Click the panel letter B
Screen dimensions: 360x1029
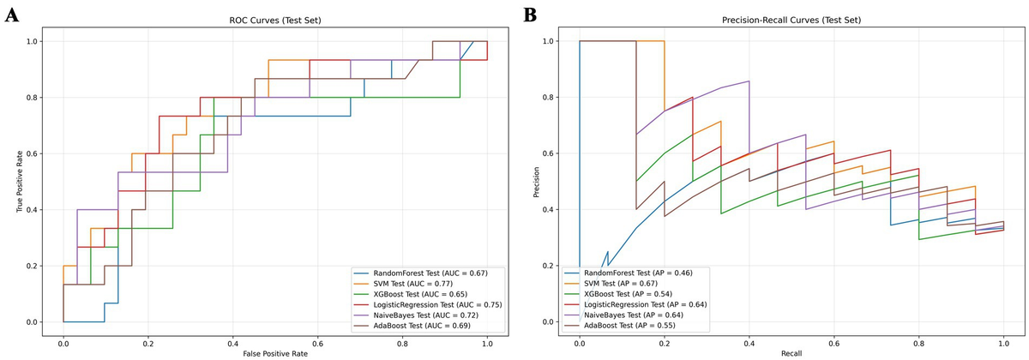530,15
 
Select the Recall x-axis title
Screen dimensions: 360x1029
791,353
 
